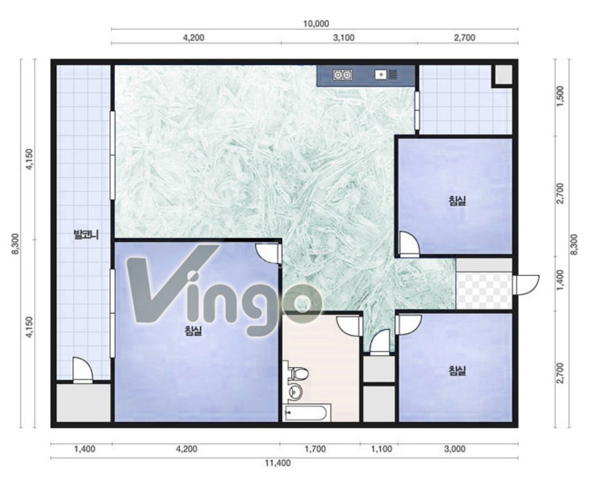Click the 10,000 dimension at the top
316,24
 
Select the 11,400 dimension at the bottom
278,463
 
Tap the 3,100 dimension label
343,37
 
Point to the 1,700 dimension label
315,449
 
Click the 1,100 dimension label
382,449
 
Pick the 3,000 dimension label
455,449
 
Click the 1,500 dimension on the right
561,97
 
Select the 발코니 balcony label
87,234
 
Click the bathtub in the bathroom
305,413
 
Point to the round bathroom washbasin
295,391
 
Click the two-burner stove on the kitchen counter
343,75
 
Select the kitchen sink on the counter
386,74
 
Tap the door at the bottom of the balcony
82,370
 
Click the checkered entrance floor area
483,291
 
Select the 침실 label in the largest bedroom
193,330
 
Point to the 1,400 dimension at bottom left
85,449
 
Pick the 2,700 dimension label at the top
465,37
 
